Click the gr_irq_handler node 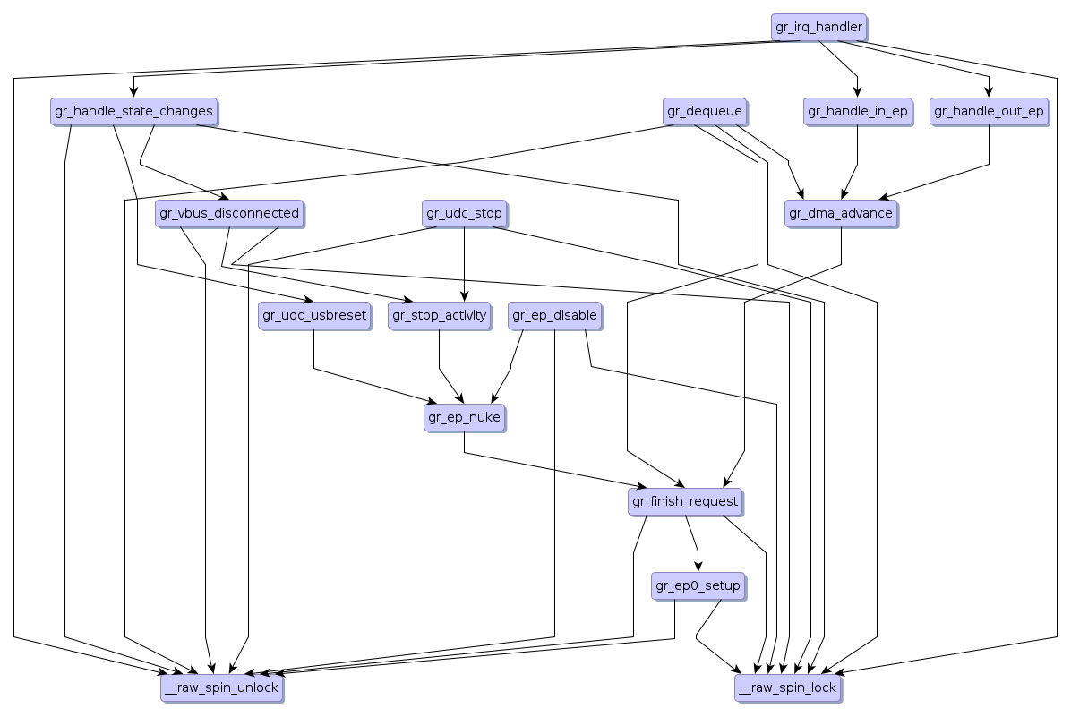pos(819,27)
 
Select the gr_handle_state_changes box pos(133,111)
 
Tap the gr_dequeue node pos(704,111)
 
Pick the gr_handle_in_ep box pos(857,111)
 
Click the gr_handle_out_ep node pos(989,111)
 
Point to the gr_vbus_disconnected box pos(229,213)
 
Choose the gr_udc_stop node pos(464,213)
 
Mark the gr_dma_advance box pos(840,213)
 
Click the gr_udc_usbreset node pos(313,315)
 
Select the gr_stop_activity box pos(439,315)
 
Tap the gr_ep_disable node pos(553,315)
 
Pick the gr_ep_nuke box pos(464,417)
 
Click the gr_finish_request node pos(685,501)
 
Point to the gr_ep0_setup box pos(698,585)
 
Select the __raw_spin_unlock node pos(221,687)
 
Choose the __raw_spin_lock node pos(787,687)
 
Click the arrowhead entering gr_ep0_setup pos(698,566)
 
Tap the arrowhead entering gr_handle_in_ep pos(857,91)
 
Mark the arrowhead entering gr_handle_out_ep pos(989,91)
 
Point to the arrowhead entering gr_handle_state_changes pos(133,91)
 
